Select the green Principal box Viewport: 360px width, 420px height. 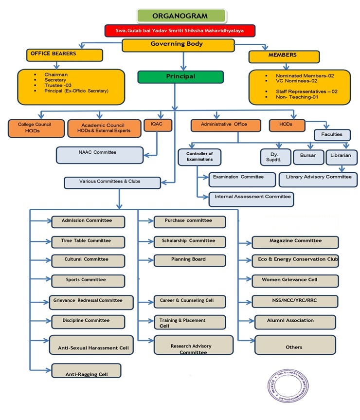click(x=180, y=77)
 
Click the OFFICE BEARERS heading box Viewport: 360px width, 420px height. click(x=65, y=55)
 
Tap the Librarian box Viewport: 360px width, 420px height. click(x=342, y=156)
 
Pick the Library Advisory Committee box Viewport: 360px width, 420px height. click(x=318, y=178)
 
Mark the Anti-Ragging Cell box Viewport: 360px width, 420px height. click(x=87, y=371)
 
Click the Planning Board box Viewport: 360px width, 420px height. click(x=190, y=260)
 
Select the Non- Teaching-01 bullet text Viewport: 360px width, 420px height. click(x=291, y=97)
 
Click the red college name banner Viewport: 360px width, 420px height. click(x=180, y=31)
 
